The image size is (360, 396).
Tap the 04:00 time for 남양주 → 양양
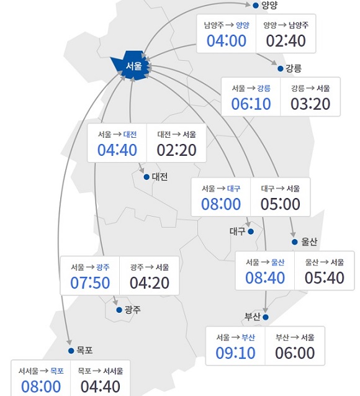click(226, 42)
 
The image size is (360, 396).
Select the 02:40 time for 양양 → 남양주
click(286, 42)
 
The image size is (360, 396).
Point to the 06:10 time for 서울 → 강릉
click(251, 104)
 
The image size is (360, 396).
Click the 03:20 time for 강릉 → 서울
click(310, 104)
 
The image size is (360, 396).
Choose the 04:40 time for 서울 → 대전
click(117, 150)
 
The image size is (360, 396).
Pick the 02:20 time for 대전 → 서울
click(176, 150)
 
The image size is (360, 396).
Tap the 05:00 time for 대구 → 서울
click(280, 204)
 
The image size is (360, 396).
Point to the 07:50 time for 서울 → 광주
click(89, 283)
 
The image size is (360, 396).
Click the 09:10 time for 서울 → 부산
click(236, 353)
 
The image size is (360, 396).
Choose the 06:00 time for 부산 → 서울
click(295, 353)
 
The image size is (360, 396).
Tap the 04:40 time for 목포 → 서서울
click(101, 386)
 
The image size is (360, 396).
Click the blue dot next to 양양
click(256, 6)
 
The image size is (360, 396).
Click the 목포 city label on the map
click(84, 350)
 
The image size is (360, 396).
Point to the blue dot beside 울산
click(294, 241)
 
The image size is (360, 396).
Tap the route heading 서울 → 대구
click(220, 188)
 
